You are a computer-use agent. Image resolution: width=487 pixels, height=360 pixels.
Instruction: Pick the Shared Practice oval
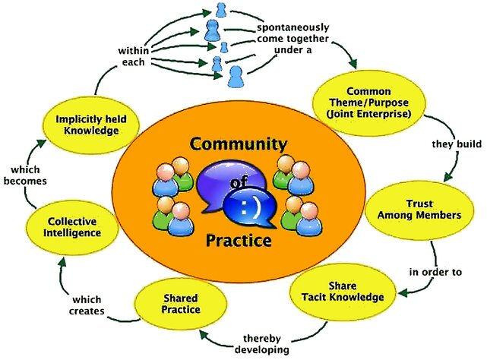[181, 304]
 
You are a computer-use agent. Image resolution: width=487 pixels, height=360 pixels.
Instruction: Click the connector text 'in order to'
[436, 270]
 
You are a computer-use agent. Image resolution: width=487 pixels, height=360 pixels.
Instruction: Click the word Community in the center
[239, 144]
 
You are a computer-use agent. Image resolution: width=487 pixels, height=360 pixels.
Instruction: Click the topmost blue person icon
[221, 11]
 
